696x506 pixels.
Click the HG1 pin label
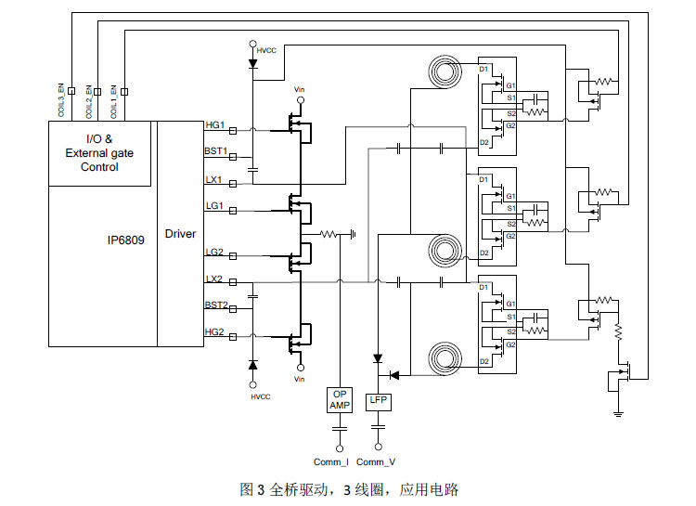215,124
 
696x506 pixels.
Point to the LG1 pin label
214,205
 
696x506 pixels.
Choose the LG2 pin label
214,252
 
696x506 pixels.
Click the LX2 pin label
214,279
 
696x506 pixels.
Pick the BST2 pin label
216,305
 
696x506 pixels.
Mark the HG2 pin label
215,331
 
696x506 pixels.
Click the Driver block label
180,234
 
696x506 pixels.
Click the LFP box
378,400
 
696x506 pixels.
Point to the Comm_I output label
330,461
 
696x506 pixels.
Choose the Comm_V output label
376,461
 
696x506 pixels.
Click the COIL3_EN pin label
62,101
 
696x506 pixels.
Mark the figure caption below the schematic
349,489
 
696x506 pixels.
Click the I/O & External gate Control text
99,153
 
